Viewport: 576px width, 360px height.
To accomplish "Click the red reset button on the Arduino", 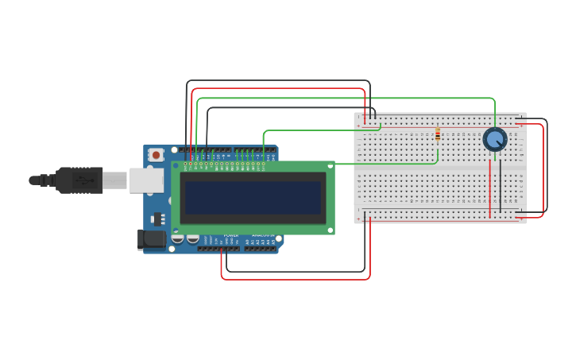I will click(x=157, y=154).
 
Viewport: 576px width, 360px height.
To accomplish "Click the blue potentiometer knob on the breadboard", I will click(x=495, y=140).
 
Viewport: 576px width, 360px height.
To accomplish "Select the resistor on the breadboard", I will click(x=438, y=135).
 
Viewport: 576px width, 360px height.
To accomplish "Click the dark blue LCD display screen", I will click(x=253, y=198).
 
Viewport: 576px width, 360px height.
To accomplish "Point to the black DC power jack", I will click(x=151, y=239).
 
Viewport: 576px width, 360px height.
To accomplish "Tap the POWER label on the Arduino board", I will click(x=230, y=236).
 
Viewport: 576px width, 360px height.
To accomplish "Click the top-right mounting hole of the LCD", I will click(x=330, y=166).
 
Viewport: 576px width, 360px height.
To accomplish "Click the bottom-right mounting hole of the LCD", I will click(x=330, y=230).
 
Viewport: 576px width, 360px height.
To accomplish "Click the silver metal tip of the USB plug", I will click(x=114, y=180).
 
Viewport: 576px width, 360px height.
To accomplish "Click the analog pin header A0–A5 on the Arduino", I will click(x=259, y=249).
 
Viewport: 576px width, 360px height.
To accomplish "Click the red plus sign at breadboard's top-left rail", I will click(x=358, y=126).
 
